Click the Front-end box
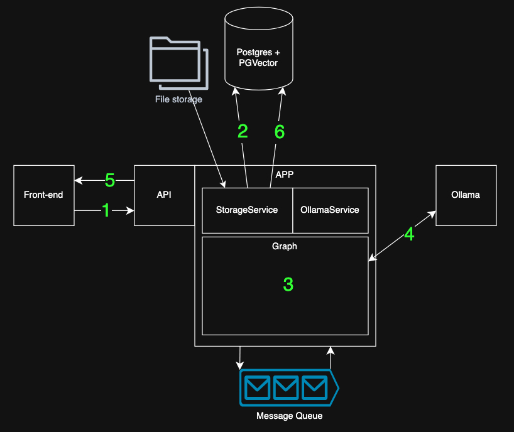point(43,195)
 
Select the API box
point(164,195)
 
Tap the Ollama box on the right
point(466,195)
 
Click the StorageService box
point(247,210)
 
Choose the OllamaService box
point(330,210)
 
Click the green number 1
point(106,210)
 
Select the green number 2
point(243,131)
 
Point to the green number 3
point(288,284)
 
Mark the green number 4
point(409,234)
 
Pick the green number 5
point(109,181)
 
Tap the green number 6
point(280,131)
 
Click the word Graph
point(285,246)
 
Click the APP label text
point(285,173)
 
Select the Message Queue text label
point(290,416)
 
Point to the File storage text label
point(178,99)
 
